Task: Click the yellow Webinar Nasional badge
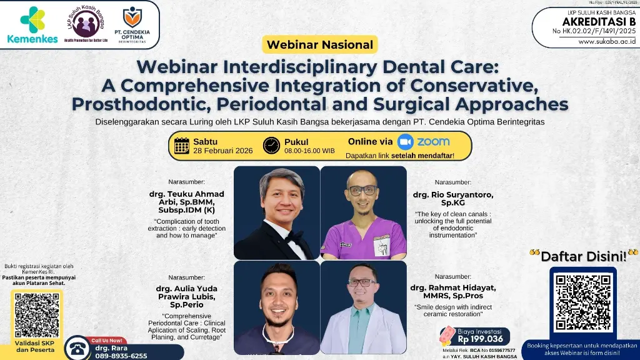(x=319, y=44)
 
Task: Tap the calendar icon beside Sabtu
(x=182, y=146)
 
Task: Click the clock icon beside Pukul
(x=271, y=146)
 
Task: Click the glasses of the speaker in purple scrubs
(x=362, y=190)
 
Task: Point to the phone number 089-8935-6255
(x=121, y=355)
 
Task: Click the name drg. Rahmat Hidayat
(x=453, y=291)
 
